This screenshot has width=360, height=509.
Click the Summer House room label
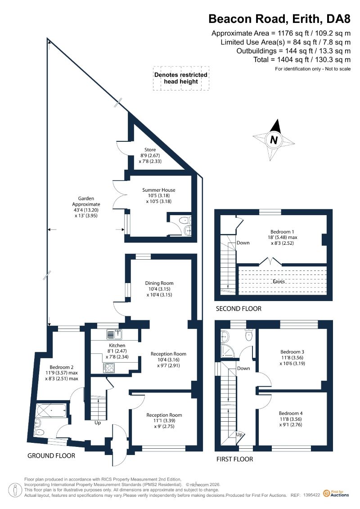[159, 190]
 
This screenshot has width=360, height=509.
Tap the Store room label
[150, 150]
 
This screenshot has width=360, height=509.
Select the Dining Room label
[159, 283]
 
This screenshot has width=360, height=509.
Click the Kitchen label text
[117, 345]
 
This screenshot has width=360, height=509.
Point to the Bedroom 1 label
[282, 232]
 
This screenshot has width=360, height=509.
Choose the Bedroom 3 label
[292, 352]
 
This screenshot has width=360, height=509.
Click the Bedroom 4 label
[291, 413]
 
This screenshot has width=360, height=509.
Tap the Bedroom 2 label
[61, 367]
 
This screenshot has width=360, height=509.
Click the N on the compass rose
[274, 140]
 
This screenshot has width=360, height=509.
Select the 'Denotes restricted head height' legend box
[181, 78]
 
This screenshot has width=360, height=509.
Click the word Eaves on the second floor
[279, 281]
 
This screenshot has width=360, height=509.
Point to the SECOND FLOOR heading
[238, 309]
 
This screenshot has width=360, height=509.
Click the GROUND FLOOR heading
[51, 456]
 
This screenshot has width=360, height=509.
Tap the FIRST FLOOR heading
[235, 459]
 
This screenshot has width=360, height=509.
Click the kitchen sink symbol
[114, 334]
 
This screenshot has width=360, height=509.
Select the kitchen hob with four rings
[109, 368]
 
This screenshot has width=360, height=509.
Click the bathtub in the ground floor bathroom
[52, 410]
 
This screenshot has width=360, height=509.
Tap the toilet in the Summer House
[184, 220]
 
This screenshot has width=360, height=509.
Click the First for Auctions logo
[336, 493]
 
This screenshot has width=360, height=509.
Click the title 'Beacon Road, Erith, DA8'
[279, 19]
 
